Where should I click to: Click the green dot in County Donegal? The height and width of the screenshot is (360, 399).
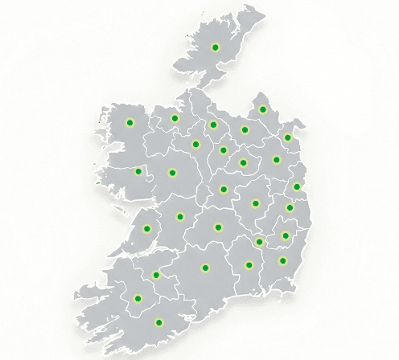coord(215,47)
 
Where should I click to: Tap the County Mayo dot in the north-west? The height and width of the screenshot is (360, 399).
coord(130,123)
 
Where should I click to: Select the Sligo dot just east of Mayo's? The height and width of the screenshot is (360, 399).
coord(175,119)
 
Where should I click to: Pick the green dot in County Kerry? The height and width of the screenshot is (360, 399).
coord(137,299)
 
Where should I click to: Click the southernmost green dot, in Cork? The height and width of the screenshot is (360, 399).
coord(158,323)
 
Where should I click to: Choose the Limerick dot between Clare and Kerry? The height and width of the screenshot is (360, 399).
coord(156,276)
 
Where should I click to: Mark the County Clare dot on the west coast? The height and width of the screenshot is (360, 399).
coord(147,228)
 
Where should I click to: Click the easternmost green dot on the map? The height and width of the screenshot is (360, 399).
coord(297,186)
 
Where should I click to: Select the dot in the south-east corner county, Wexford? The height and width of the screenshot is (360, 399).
coord(282,260)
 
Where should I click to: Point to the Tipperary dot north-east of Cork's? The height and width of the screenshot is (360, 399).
coord(204,268)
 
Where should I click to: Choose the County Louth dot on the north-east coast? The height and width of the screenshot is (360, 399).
coord(287,137)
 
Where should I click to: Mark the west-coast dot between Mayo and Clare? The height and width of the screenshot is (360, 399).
coord(138,171)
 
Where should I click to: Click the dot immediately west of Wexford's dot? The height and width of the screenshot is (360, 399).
coord(249,265)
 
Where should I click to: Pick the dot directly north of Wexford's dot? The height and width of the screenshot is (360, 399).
coord(286,235)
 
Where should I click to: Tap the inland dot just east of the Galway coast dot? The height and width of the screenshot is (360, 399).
coord(171,173)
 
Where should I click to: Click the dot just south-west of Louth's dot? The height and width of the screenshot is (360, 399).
coord(276,159)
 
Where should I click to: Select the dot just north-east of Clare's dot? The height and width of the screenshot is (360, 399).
coord(179,216)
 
